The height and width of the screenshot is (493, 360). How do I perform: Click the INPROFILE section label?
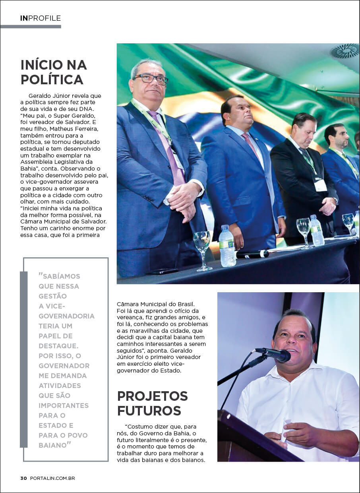click(x=41, y=18)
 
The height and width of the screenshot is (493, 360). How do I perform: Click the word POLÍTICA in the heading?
click(x=52, y=80)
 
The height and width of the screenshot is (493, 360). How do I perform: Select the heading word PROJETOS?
click(x=152, y=396)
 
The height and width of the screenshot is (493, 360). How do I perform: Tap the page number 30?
click(x=23, y=478)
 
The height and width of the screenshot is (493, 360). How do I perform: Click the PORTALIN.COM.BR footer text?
click(x=52, y=478)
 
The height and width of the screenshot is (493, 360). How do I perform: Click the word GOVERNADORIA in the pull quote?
click(x=66, y=316)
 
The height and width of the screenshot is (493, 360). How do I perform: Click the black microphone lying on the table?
click(x=252, y=254)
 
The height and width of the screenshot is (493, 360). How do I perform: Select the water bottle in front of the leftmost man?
click(x=227, y=247)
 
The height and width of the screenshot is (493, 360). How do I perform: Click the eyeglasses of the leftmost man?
click(x=151, y=78)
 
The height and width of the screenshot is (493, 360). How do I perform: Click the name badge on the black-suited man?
click(x=320, y=185)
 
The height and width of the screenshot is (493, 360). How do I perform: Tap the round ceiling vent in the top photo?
click(x=345, y=51)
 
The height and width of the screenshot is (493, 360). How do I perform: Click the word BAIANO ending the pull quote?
click(x=52, y=445)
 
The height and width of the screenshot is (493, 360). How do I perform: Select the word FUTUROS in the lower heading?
click(x=149, y=410)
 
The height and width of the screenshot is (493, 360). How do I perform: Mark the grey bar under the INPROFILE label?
click(x=31, y=27)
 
